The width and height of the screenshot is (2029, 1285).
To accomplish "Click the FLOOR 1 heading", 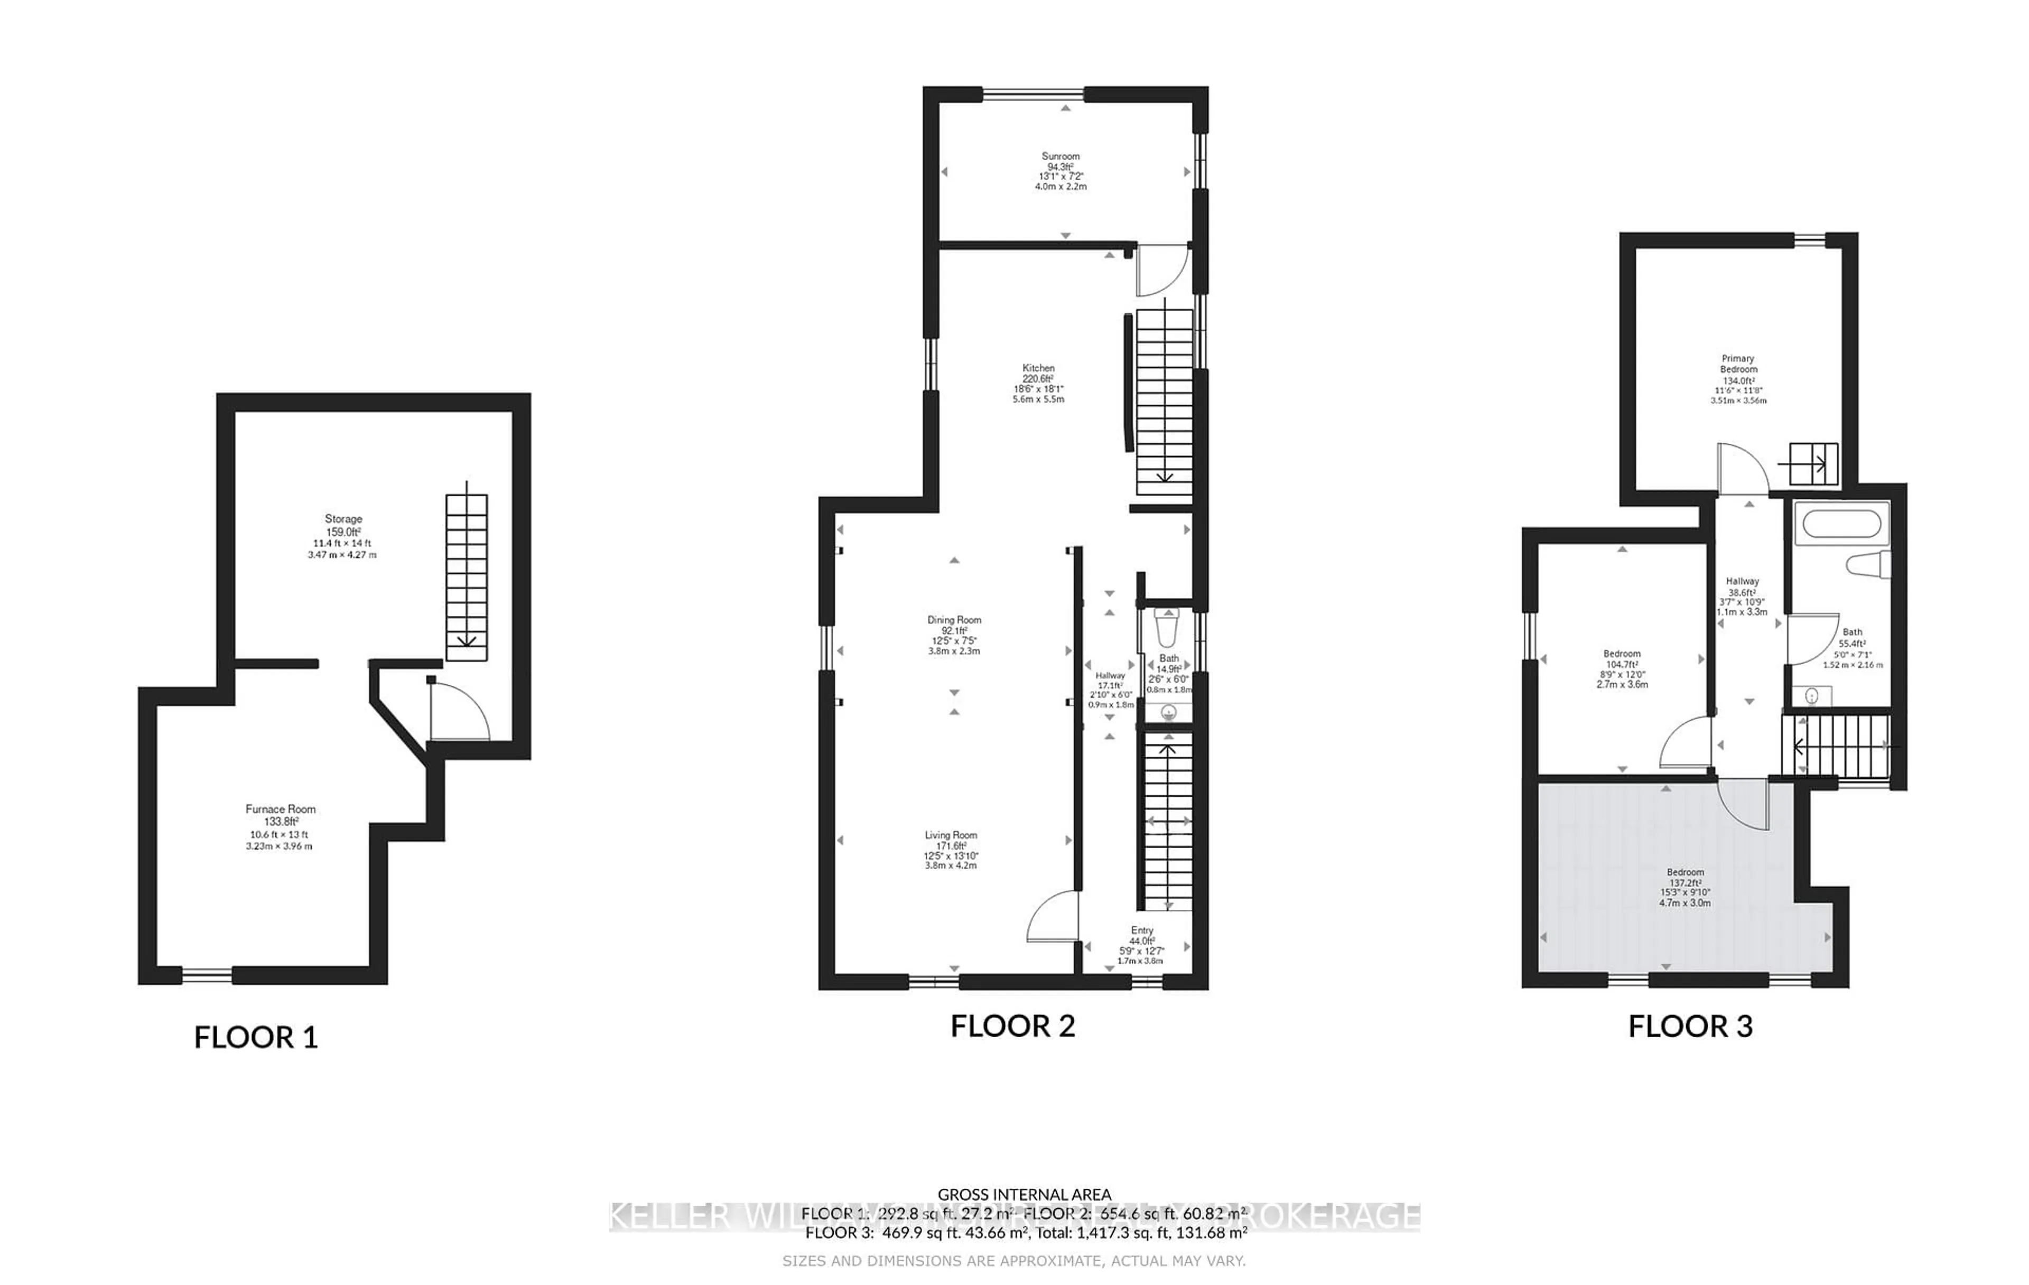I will pyautogui.click(x=256, y=1037).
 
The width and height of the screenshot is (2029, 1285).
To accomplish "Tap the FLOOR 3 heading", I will pyautogui.click(x=1690, y=1026).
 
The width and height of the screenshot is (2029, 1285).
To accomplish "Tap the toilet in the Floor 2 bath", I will pyautogui.click(x=1168, y=628).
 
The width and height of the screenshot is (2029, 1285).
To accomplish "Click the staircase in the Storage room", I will pyautogui.click(x=466, y=576).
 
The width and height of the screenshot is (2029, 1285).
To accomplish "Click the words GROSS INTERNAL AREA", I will pyautogui.click(x=1024, y=1194).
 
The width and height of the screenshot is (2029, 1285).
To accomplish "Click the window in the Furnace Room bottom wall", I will pyautogui.click(x=207, y=976).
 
